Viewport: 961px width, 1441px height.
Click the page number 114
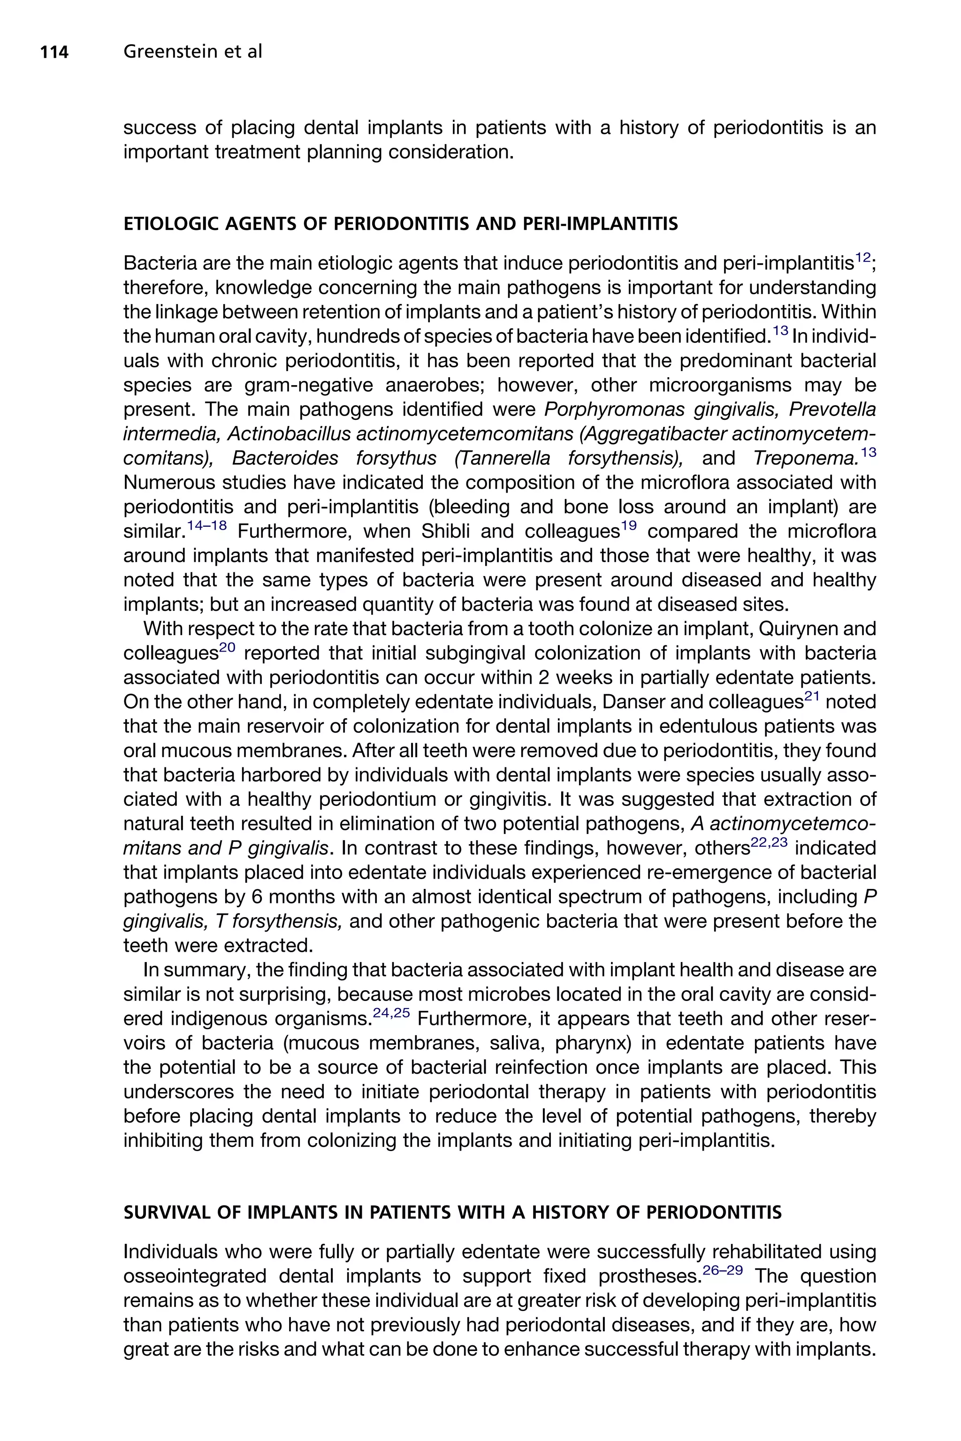click(x=54, y=52)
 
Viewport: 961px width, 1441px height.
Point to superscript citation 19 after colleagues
click(x=629, y=526)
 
